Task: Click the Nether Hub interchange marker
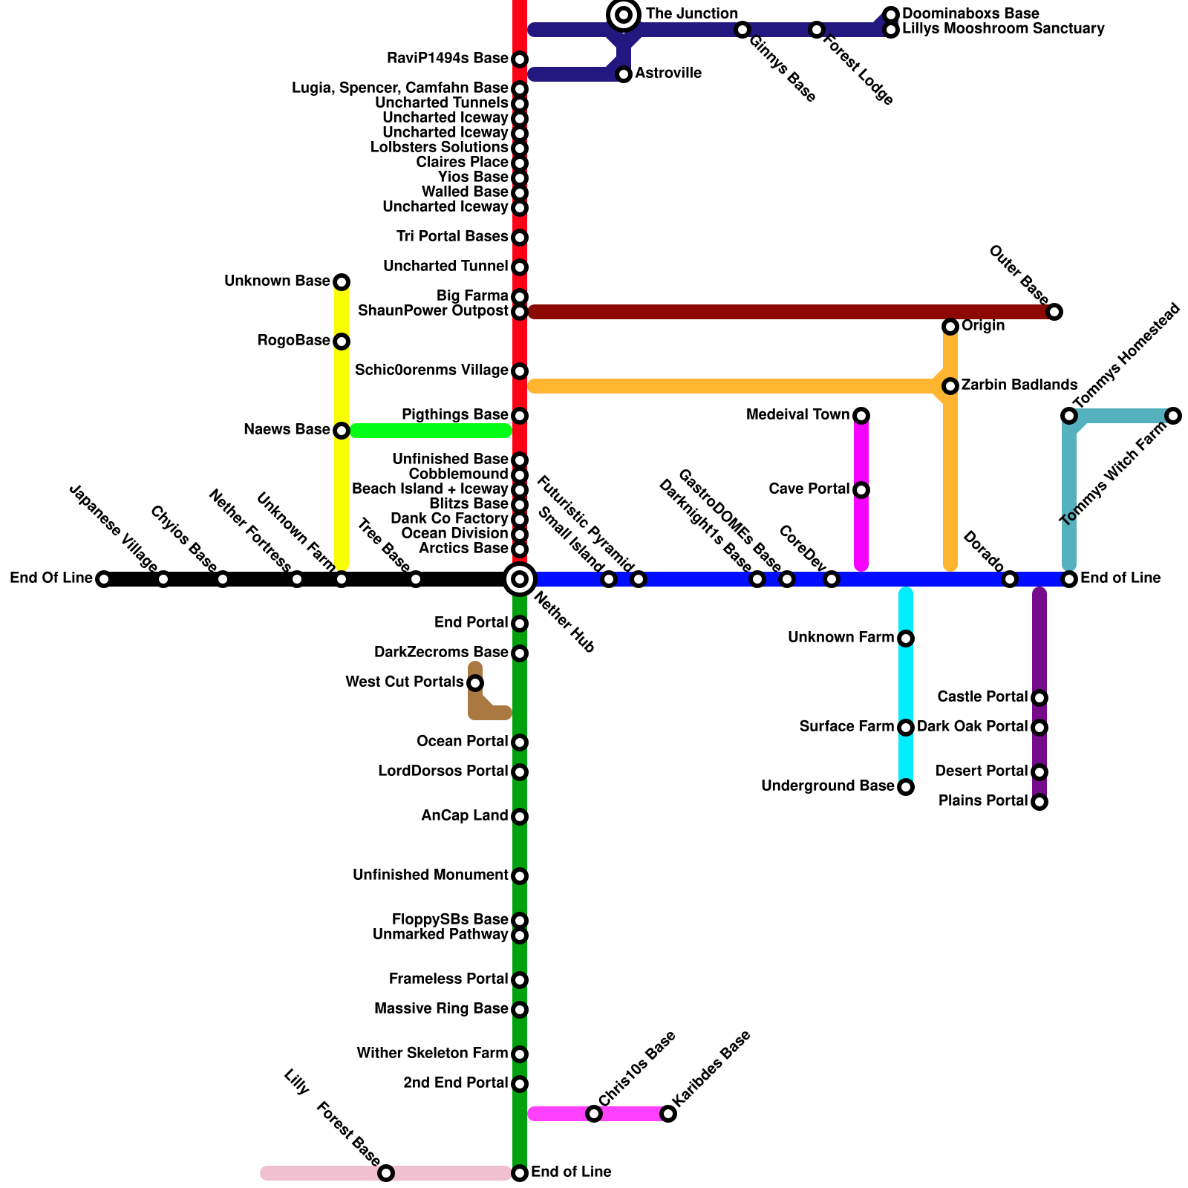click(x=520, y=579)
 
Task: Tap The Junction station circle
click(x=624, y=15)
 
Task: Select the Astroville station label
click(x=668, y=74)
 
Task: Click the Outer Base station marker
click(x=1054, y=312)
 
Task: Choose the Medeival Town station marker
click(x=861, y=416)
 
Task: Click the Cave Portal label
click(x=809, y=489)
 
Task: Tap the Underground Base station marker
click(x=906, y=787)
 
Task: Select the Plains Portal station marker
click(x=1039, y=802)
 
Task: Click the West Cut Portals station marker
click(x=475, y=683)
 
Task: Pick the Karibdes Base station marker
click(x=668, y=1114)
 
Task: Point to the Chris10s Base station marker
click(x=594, y=1114)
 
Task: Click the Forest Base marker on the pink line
click(x=386, y=1173)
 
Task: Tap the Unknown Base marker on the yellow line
click(x=342, y=282)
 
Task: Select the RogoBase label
click(x=293, y=341)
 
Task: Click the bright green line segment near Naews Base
click(x=431, y=431)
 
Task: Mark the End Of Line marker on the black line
click(x=104, y=579)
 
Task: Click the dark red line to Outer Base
click(x=787, y=312)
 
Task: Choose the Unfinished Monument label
click(x=430, y=875)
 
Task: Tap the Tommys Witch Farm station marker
click(x=1173, y=416)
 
